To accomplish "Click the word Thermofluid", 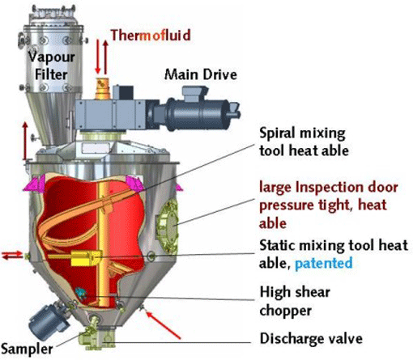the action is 151,36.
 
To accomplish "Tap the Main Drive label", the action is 201,74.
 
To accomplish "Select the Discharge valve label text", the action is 311,339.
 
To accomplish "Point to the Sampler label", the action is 27,349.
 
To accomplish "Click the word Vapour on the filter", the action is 52,57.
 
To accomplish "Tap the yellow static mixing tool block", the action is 86,258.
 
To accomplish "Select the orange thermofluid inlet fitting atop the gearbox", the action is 102,88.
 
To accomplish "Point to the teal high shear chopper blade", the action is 80,293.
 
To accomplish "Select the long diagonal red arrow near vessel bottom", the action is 163,324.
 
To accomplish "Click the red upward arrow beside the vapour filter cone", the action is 25,141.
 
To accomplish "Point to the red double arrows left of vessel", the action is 12,255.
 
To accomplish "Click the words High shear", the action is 295,292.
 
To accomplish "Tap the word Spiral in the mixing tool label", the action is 277,133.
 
